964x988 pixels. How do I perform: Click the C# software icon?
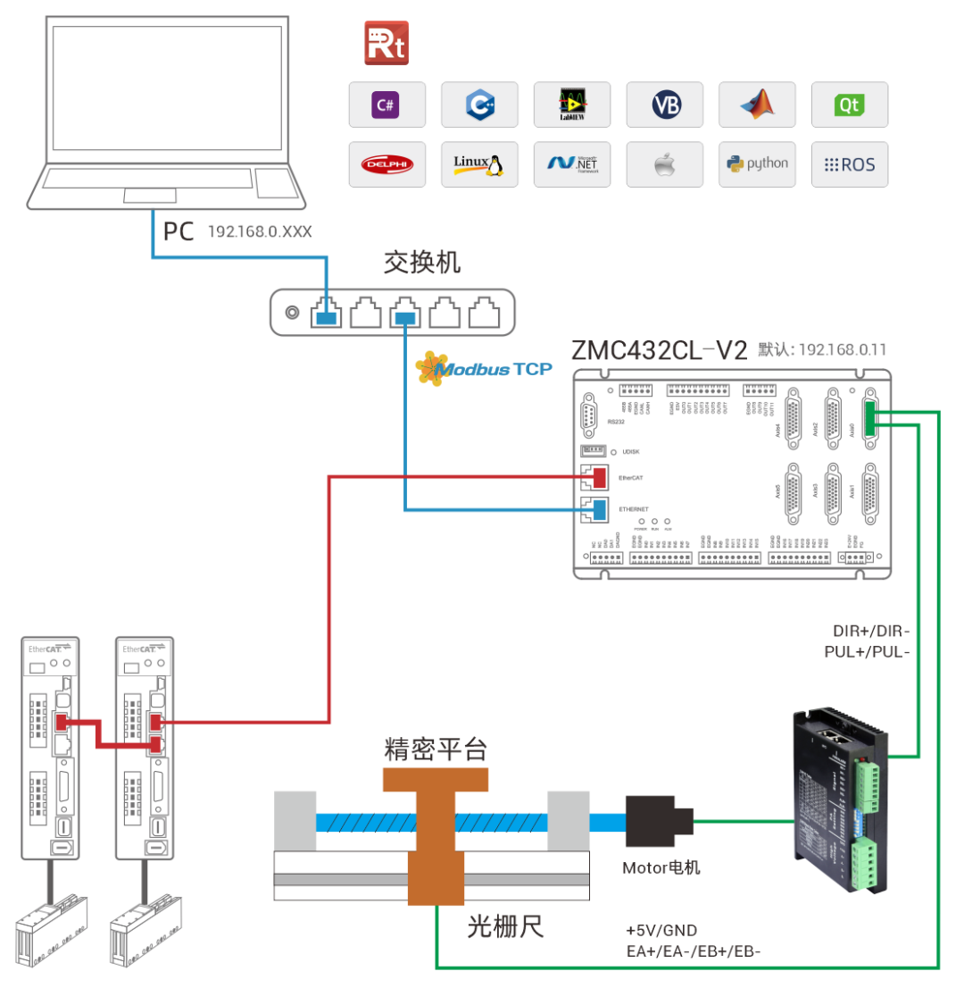(386, 105)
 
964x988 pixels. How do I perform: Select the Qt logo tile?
(849, 105)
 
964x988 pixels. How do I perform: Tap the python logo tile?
(757, 164)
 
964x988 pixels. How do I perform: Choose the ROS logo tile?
(849, 164)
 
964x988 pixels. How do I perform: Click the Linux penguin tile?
(479, 164)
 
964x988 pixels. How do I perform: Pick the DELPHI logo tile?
(386, 164)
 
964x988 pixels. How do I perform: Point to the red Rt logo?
(386, 44)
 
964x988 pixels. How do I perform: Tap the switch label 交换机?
(422, 263)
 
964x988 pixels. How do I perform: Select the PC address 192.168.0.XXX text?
(260, 231)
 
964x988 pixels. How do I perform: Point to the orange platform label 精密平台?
(436, 749)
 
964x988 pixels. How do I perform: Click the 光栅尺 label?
(505, 927)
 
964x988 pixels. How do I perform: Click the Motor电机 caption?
(661, 867)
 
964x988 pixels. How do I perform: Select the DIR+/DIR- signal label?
(868, 632)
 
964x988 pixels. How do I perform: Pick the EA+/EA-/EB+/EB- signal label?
(693, 952)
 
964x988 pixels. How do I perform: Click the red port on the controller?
(594, 478)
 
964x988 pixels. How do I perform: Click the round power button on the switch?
(290, 313)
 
